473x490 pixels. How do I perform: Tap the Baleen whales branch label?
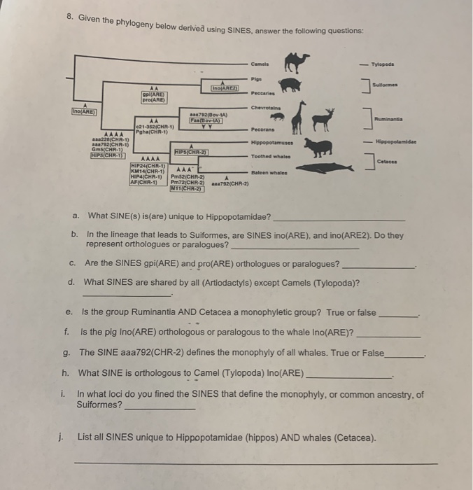click(x=266, y=171)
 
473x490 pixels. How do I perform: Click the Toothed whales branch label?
click(x=267, y=157)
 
